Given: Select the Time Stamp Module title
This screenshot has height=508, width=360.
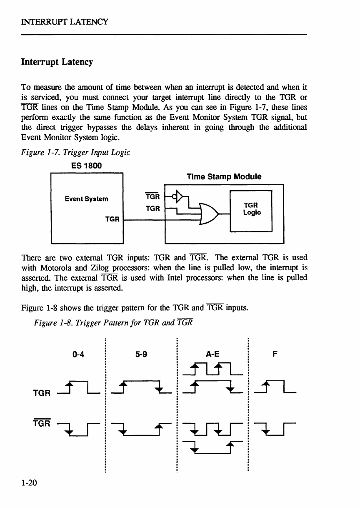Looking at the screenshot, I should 224,176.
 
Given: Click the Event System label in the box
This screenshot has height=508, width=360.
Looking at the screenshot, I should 86,199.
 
